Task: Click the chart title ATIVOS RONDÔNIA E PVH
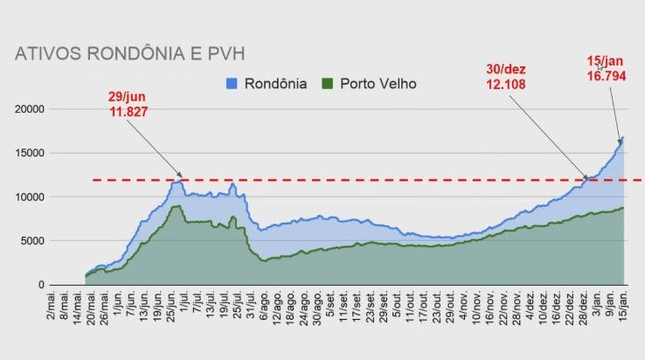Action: (129, 53)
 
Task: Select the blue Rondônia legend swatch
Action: (232, 84)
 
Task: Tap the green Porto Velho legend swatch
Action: (328, 84)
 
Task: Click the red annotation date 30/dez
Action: (507, 69)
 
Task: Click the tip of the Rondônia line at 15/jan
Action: (621, 137)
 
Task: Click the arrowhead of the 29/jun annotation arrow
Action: (182, 177)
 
